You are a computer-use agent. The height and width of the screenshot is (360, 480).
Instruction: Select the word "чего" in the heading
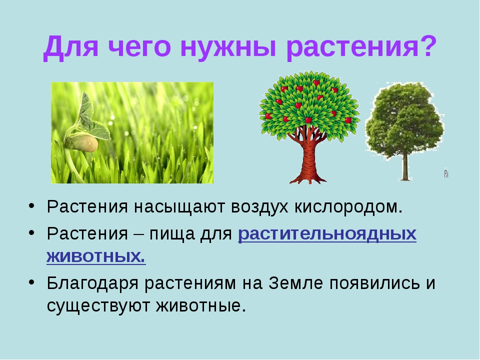coord(139,47)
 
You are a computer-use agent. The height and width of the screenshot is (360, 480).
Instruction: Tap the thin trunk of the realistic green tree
coord(405,167)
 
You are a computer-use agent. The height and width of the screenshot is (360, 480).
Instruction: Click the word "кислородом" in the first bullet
coord(348,207)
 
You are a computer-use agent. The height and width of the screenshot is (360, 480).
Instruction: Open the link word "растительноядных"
coord(327,234)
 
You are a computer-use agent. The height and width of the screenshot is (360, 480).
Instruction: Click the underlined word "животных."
coord(96,256)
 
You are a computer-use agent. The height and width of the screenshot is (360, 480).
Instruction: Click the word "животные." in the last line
coord(201,306)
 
